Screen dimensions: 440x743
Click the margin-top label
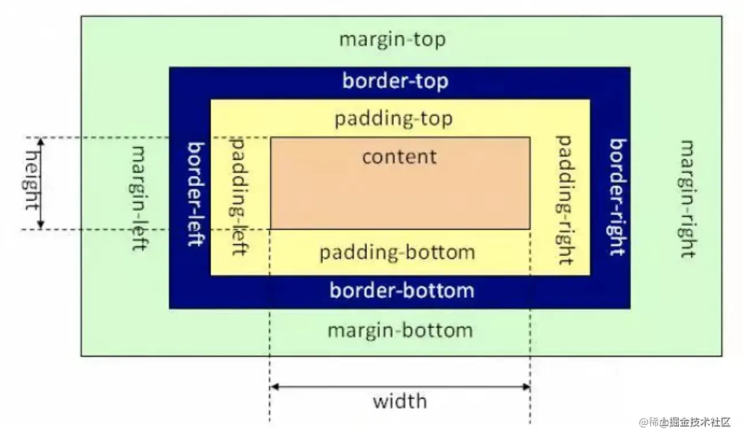392,40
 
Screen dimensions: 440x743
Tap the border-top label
395,81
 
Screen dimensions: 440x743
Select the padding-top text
393,119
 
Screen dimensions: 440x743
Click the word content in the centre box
399,156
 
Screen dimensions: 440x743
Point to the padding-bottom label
397,252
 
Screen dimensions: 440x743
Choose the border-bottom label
401,290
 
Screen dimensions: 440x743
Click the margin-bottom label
400,331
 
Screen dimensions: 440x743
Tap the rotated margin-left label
140,197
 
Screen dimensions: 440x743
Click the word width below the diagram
400,400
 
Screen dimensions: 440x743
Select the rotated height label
32,183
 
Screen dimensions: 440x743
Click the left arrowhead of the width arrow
274,387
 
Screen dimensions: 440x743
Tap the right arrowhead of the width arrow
526,387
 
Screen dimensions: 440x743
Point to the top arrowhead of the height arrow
41,141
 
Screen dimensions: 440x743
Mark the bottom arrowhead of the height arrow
41,225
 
